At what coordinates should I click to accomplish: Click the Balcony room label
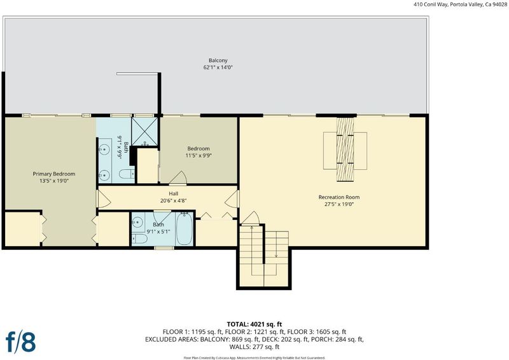(218, 60)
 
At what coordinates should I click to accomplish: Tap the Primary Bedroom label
(54, 174)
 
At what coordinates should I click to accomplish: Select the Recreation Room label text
(339, 197)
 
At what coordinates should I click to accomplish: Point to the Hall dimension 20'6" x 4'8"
(173, 200)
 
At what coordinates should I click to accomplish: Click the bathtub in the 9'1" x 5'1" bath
(185, 229)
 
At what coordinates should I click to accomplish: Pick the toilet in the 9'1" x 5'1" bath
(139, 239)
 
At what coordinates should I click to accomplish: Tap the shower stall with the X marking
(144, 131)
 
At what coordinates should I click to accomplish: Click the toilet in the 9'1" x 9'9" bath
(127, 174)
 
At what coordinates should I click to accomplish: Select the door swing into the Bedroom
(178, 177)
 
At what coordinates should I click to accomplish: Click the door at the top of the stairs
(250, 218)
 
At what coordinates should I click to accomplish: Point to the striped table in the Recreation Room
(345, 149)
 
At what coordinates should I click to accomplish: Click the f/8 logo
(21, 342)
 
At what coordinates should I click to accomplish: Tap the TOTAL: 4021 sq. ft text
(254, 324)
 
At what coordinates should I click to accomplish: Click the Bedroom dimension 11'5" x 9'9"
(199, 155)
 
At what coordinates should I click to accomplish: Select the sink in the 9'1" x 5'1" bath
(137, 223)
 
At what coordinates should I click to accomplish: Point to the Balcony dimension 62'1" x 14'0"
(218, 67)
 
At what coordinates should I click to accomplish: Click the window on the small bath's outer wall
(164, 248)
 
